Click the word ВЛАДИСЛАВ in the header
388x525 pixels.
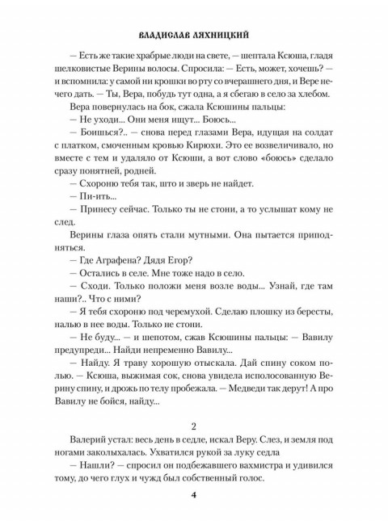(167, 37)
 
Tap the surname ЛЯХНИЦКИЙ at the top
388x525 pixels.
(226, 37)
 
